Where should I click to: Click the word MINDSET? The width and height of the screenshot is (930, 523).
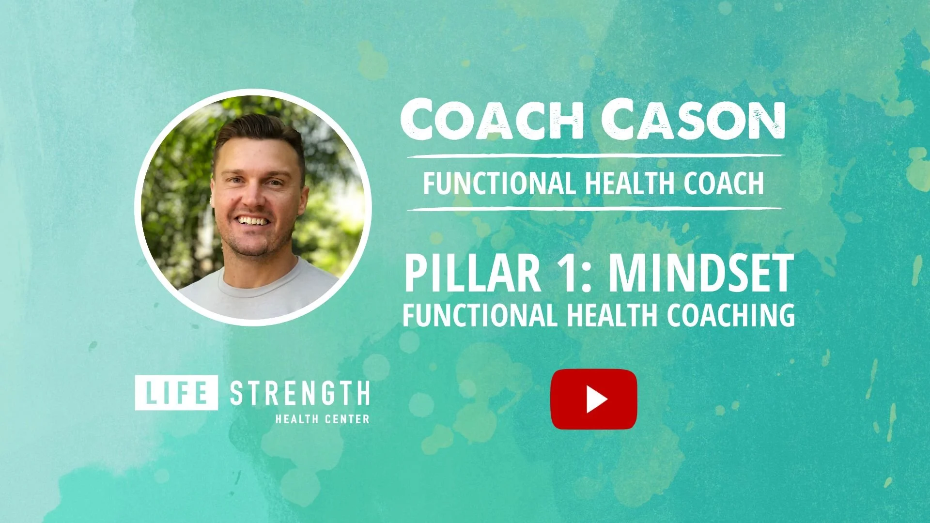point(701,274)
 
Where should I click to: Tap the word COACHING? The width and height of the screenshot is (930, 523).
point(730,315)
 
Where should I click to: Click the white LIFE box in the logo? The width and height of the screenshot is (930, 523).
point(176,393)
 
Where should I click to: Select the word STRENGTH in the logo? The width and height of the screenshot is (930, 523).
point(299,393)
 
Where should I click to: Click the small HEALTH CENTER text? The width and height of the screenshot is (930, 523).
point(322,419)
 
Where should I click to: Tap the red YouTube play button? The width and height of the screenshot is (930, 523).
point(593,399)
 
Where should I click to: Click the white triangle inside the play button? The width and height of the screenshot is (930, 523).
point(596,400)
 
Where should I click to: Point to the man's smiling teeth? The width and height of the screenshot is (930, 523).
point(252,221)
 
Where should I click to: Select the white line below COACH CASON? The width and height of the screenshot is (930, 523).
point(595,156)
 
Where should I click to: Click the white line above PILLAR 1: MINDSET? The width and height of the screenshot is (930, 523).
point(595,209)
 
